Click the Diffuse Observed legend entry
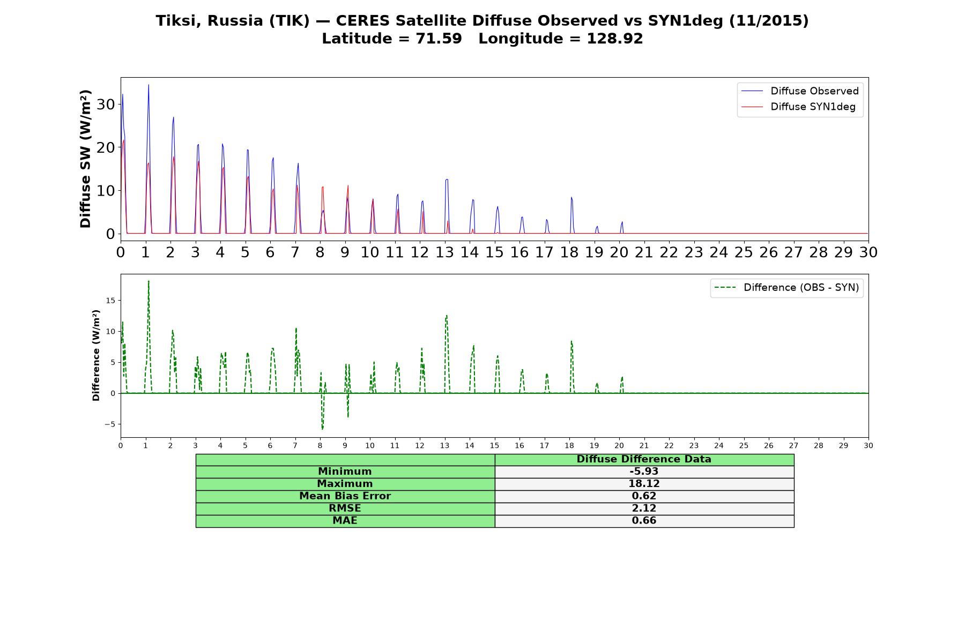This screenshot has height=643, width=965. click(800, 91)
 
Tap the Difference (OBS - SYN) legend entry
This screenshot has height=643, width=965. click(786, 288)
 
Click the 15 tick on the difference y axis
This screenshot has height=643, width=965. click(110, 301)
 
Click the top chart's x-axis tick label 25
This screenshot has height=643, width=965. click(744, 252)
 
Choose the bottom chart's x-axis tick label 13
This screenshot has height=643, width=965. click(444, 445)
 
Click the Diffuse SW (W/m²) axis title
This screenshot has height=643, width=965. click(86, 159)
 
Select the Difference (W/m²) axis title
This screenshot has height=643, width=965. click(96, 355)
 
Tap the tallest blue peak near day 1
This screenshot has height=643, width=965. click(149, 85)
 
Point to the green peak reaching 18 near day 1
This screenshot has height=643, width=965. click(149, 281)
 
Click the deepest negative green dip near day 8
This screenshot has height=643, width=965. click(322, 429)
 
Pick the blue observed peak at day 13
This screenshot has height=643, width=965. click(447, 180)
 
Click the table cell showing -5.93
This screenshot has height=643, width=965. click(644, 472)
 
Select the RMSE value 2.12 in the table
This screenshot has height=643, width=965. click(644, 509)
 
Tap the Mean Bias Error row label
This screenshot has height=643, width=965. click(345, 496)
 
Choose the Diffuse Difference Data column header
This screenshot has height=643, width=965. click(644, 459)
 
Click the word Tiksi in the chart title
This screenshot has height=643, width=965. click(179, 21)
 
